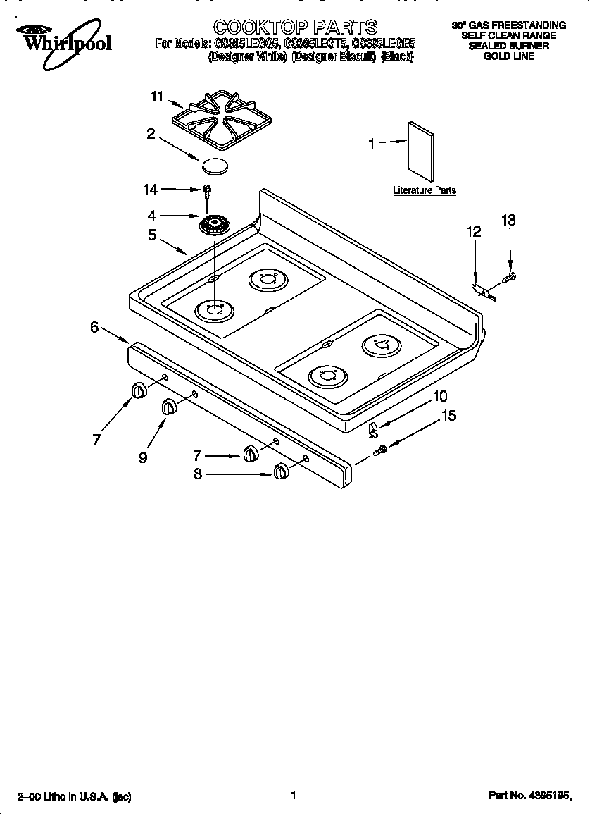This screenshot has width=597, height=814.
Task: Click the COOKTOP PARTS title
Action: click(295, 27)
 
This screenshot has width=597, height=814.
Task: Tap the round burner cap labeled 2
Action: click(215, 166)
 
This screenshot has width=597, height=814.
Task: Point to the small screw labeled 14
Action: click(207, 190)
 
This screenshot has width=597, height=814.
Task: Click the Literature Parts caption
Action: click(424, 190)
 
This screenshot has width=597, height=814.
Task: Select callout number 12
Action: click(473, 231)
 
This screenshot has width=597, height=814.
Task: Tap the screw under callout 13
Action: click(511, 276)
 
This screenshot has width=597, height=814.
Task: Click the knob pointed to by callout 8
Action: click(281, 472)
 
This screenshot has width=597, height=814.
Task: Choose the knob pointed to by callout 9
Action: click(170, 407)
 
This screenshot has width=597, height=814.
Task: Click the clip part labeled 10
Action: click(374, 427)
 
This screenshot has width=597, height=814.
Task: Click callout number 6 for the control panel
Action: click(94, 327)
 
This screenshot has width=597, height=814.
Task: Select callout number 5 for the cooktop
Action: click(152, 235)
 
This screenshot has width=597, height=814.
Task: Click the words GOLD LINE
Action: click(508, 56)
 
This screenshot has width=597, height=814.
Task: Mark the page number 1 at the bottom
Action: click(292, 796)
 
